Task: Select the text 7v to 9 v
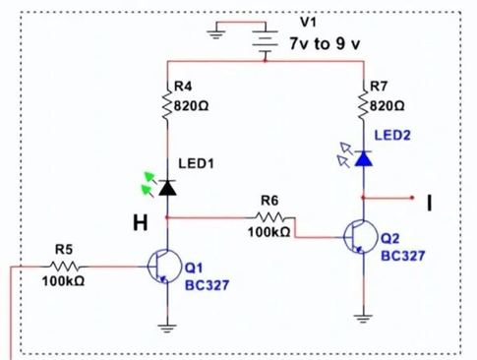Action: tap(327, 45)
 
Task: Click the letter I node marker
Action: tap(429, 202)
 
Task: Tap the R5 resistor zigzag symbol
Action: tap(64, 265)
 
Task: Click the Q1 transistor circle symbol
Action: tap(163, 265)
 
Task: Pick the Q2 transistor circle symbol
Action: tap(361, 236)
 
